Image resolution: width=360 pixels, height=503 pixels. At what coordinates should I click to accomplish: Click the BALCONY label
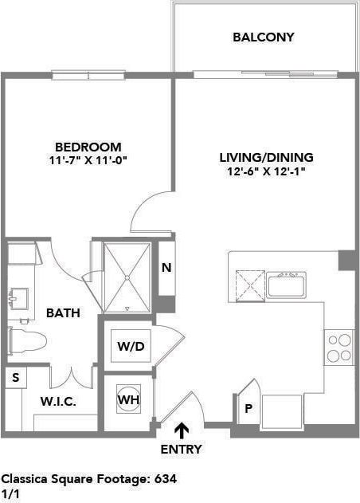click(264, 37)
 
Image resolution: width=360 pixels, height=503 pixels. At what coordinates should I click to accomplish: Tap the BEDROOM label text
click(88, 147)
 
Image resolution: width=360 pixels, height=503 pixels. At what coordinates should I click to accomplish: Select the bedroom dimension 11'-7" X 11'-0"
click(88, 160)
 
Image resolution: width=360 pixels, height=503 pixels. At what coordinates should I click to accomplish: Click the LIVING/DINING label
click(266, 157)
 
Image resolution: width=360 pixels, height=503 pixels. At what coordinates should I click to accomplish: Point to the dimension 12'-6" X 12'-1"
click(266, 171)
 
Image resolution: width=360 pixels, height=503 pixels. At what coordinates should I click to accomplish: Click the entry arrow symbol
click(182, 431)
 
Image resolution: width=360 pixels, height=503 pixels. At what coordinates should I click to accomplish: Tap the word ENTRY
click(182, 450)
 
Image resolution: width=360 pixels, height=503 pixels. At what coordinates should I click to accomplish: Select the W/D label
click(130, 347)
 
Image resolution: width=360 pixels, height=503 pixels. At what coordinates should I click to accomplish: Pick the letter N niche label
click(166, 268)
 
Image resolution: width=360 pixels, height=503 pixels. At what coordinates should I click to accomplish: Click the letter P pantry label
click(248, 409)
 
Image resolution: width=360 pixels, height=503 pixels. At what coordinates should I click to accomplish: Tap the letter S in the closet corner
click(14, 377)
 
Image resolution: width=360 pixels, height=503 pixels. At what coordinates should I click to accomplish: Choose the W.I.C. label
click(58, 402)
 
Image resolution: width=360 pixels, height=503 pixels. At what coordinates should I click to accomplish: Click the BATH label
click(63, 313)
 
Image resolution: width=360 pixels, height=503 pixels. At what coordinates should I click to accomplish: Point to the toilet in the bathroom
click(25, 341)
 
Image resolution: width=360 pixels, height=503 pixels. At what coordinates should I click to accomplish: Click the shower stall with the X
click(127, 277)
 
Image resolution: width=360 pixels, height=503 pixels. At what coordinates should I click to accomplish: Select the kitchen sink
click(287, 284)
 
